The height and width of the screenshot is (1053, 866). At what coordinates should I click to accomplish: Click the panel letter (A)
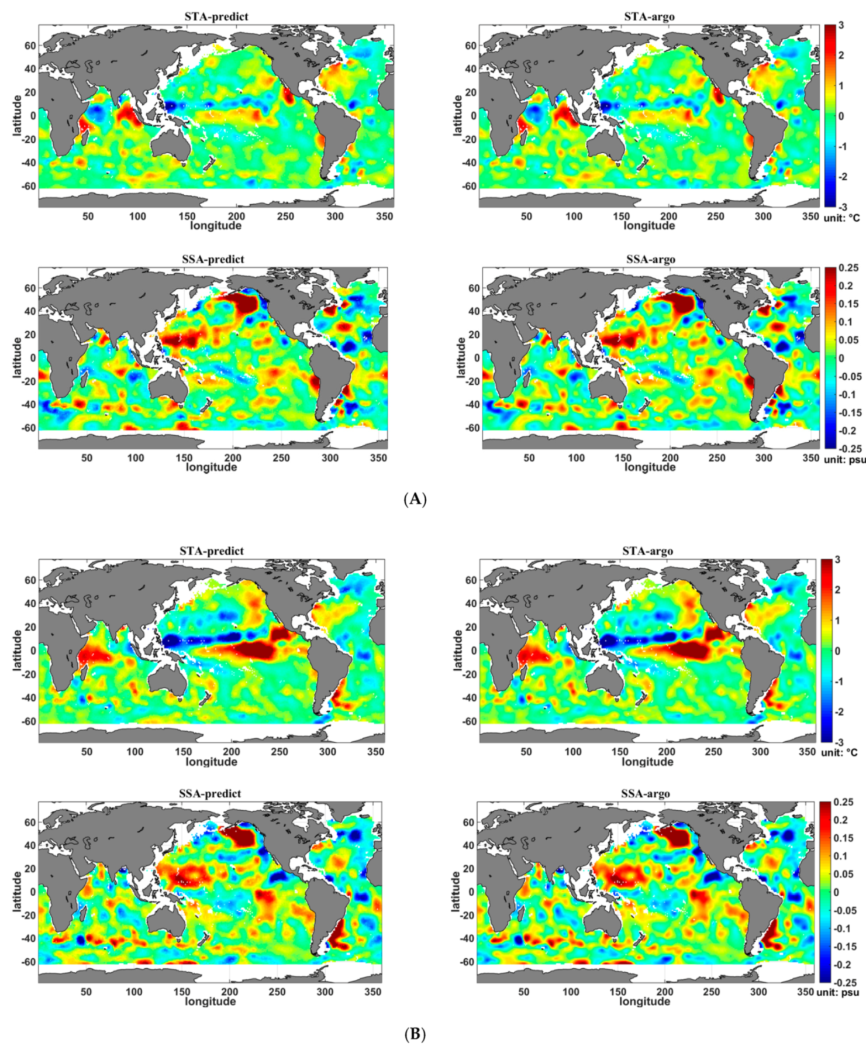[x=415, y=500]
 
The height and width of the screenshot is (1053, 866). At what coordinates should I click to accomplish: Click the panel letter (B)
[x=415, y=1034]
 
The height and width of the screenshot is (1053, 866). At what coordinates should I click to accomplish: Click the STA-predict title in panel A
[x=216, y=16]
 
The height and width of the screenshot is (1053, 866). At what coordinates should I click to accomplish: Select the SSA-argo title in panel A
[x=650, y=259]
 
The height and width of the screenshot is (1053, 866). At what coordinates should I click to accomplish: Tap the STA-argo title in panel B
[x=647, y=551]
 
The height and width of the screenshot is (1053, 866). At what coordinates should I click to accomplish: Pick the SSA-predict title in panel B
[x=210, y=793]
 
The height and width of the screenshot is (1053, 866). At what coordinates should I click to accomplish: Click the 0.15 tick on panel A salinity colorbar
[x=848, y=304]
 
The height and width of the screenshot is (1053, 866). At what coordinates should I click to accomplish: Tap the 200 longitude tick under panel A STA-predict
[x=236, y=216]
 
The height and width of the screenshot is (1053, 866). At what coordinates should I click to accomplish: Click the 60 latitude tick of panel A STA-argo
[x=470, y=46]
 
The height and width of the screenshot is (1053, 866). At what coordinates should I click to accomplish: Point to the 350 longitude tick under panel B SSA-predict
[x=372, y=992]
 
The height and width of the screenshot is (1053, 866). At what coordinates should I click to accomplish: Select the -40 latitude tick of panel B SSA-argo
[x=466, y=938]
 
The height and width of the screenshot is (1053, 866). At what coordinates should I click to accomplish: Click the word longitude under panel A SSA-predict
[x=211, y=467]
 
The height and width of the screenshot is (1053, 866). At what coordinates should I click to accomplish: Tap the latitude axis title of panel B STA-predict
[x=17, y=650]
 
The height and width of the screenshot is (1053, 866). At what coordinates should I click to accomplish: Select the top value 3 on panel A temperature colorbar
[x=841, y=25]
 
